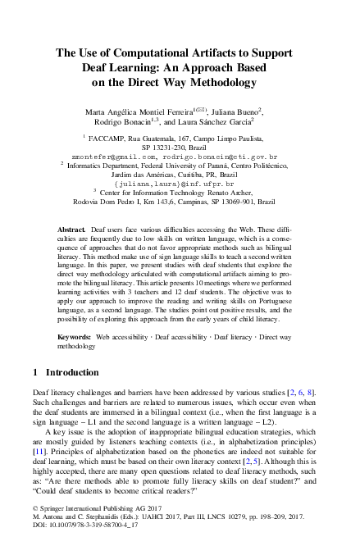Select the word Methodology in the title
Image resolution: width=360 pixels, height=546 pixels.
[x=216, y=82]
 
